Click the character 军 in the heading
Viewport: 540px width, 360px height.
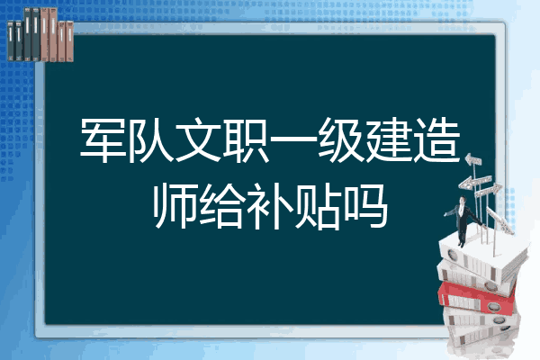pyautogui.click(x=103, y=140)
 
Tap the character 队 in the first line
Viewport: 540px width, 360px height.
pyautogui.click(x=150, y=140)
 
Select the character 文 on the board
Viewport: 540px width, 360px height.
pyautogui.click(x=198, y=140)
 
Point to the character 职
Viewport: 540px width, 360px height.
pyautogui.click(x=246, y=140)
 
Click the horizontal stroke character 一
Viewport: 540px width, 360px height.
pyautogui.click(x=293, y=139)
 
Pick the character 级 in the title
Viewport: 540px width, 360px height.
pyautogui.click(x=341, y=140)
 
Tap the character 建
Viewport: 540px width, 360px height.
pyautogui.click(x=389, y=140)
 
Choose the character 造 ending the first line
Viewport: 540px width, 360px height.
pyautogui.click(x=436, y=140)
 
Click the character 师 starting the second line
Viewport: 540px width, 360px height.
pyautogui.click(x=175, y=206)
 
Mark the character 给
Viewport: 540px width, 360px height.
pyautogui.click(x=222, y=206)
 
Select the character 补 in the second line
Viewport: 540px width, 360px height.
pyautogui.click(x=270, y=206)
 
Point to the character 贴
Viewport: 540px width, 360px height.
pyautogui.click(x=317, y=206)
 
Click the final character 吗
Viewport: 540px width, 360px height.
pyautogui.click(x=365, y=206)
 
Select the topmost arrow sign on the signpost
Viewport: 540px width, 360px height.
pyautogui.click(x=472, y=159)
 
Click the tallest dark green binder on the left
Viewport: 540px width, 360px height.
pyautogui.click(x=27, y=34)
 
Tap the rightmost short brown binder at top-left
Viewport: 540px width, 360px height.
pyautogui.click(x=69, y=41)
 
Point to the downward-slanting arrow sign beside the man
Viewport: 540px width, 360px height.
pyautogui.click(x=499, y=220)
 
